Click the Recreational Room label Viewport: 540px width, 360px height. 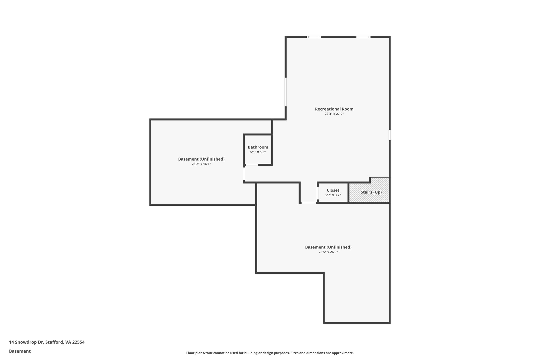(334, 109)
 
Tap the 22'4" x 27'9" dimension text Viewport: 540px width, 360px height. (334, 114)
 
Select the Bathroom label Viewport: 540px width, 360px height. (258, 147)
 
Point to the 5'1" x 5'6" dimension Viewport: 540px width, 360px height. (258, 152)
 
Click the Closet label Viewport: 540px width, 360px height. (333, 190)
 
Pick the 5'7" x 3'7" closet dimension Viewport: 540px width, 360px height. (333, 195)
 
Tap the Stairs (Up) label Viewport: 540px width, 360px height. (371, 192)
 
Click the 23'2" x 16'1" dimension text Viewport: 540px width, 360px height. (201, 164)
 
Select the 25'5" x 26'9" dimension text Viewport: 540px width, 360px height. (328, 252)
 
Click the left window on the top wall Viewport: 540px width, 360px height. (314, 37)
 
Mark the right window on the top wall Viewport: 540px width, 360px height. (363, 37)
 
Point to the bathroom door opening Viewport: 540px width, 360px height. (252, 165)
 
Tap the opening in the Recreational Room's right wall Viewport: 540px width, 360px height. (389, 135)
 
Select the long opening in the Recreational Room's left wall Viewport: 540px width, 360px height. (286, 92)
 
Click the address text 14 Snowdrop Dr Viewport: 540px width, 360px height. (26, 342)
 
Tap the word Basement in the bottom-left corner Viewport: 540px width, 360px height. (20, 351)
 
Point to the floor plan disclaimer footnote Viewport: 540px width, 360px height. (270, 353)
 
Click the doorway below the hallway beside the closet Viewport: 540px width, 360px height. (308, 203)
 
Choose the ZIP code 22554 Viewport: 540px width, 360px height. (78, 342)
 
